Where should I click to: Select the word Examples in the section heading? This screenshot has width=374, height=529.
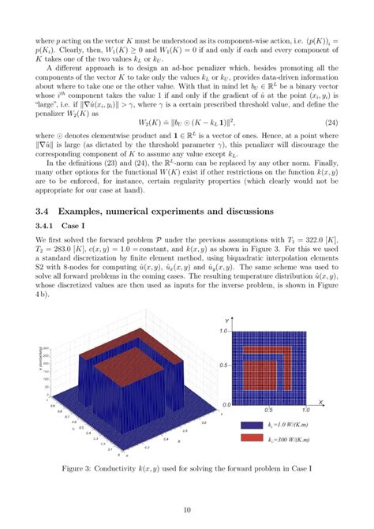(100, 211)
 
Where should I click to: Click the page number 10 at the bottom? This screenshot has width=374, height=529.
(187, 510)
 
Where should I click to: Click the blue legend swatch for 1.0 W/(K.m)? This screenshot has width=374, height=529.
(251, 423)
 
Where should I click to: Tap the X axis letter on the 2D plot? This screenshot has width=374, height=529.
(321, 402)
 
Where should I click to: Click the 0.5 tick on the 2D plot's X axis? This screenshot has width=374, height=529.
(268, 411)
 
